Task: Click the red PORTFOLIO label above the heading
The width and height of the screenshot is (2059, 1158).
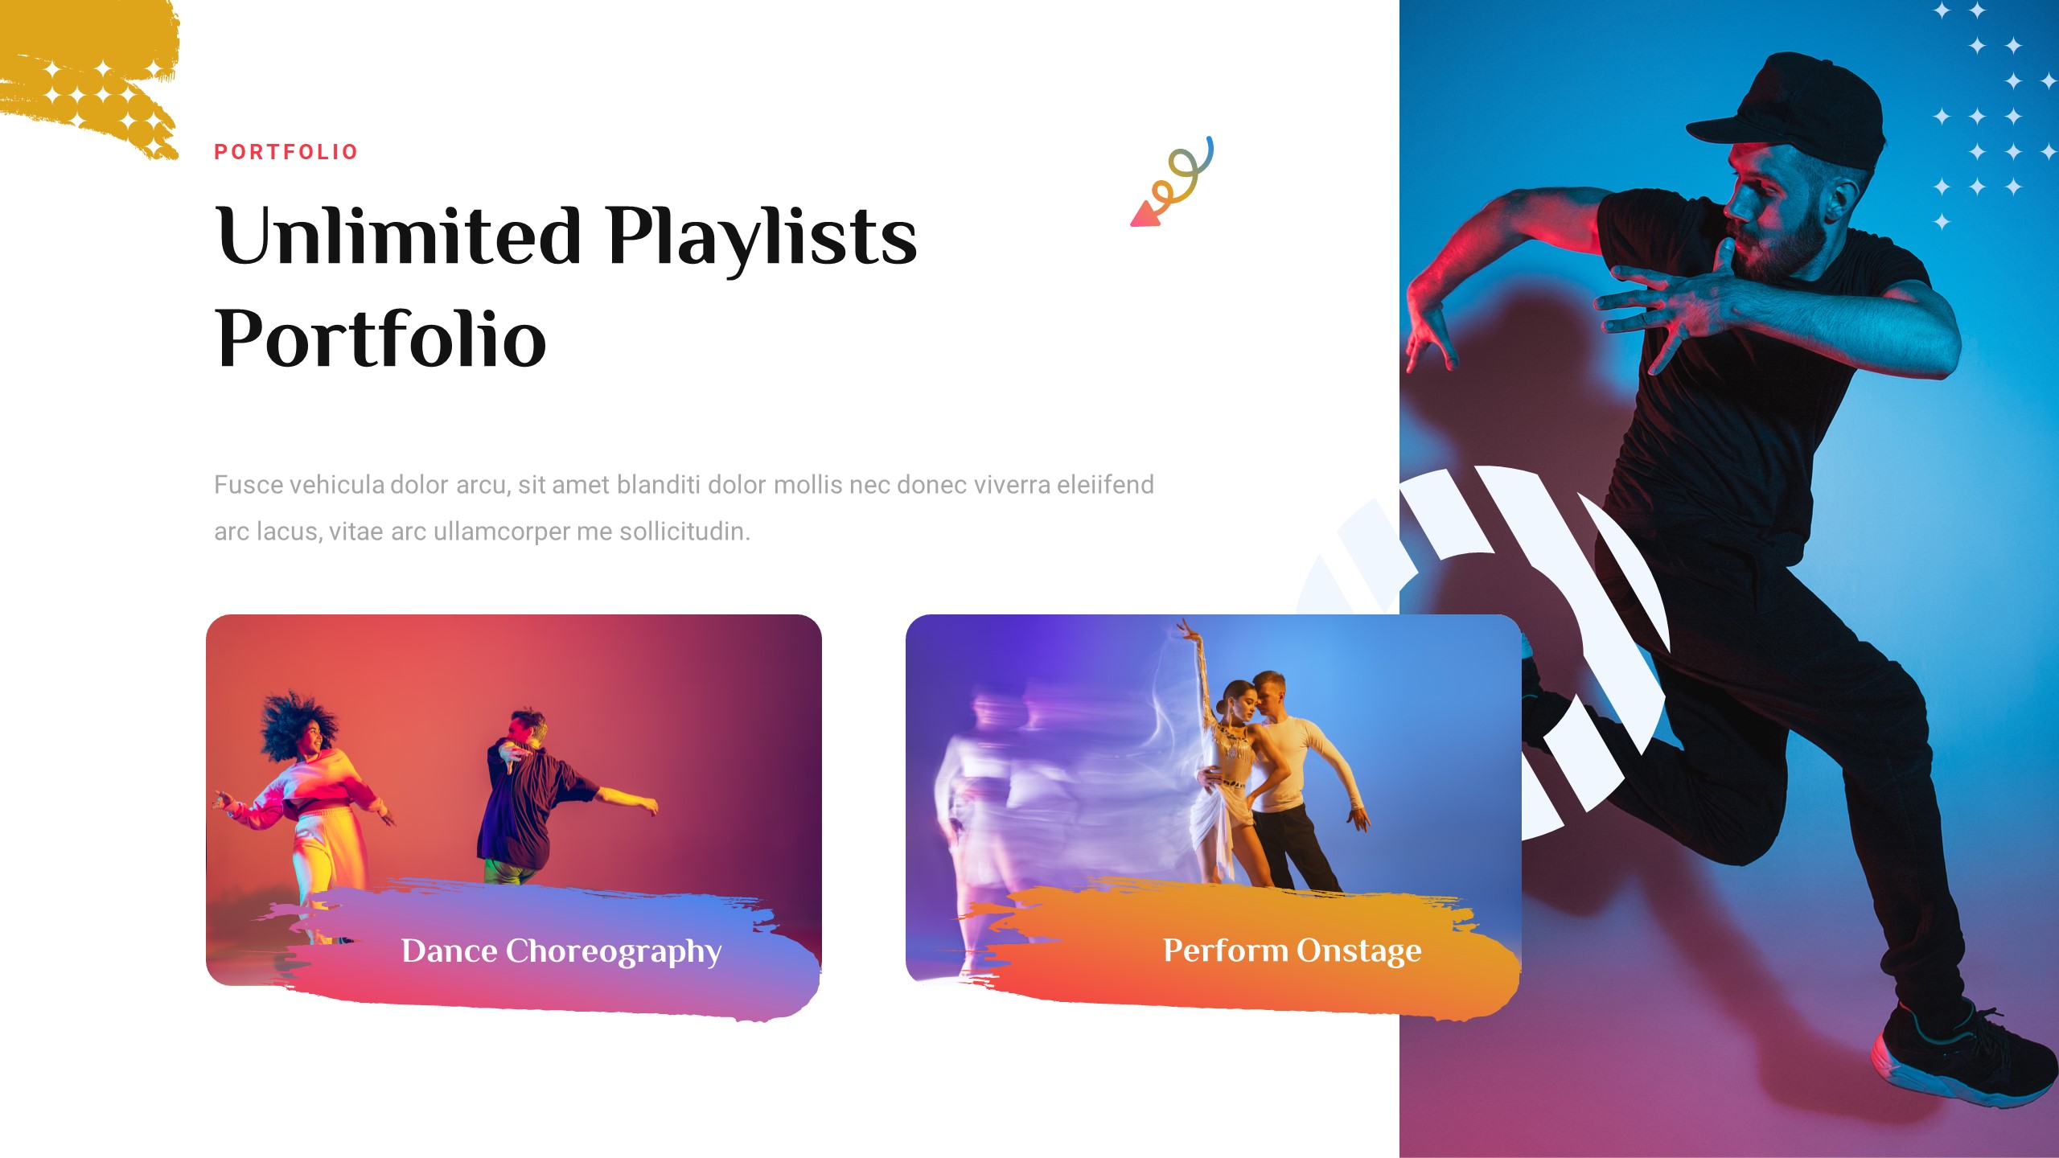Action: (x=286, y=152)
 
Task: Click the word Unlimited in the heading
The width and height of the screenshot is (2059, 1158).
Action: (x=398, y=236)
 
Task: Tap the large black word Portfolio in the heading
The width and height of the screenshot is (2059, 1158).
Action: (x=380, y=339)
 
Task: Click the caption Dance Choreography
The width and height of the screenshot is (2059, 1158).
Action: (x=561, y=951)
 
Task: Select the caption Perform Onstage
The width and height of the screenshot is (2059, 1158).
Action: (x=1292, y=951)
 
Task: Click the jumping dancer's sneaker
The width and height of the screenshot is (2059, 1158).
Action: (x=1962, y=1053)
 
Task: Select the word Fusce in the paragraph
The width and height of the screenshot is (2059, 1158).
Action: (x=248, y=485)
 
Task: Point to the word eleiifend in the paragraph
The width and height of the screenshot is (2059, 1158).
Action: (x=1105, y=485)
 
